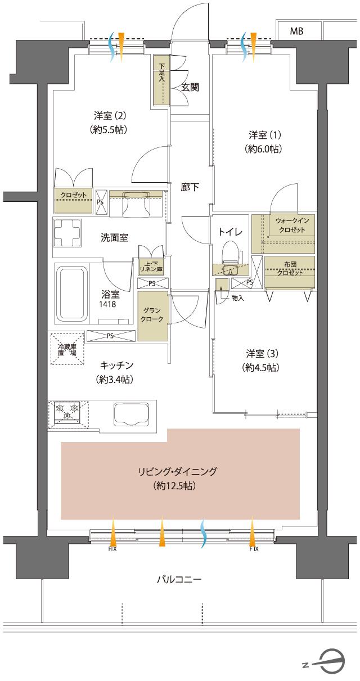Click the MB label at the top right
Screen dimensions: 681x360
pos(296,31)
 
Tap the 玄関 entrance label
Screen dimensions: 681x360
pos(190,87)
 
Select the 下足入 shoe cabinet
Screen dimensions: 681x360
pos(161,80)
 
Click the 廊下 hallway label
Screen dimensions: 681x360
pos(189,187)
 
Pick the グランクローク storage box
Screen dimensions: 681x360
pos(152,315)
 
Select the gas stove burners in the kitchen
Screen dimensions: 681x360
pos(67,412)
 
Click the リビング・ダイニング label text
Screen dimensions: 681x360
pos(177,471)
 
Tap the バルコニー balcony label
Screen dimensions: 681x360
pos(179,579)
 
